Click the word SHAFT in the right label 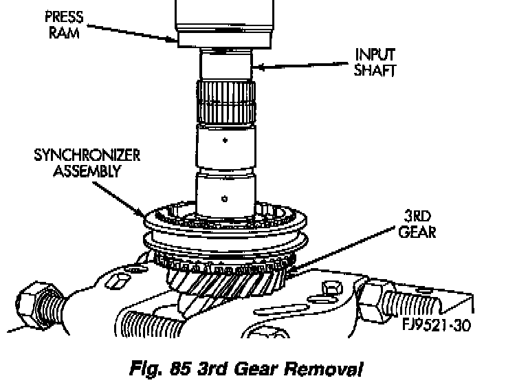tap(375, 69)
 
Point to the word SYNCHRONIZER tap(87, 155)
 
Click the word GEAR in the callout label tap(417, 232)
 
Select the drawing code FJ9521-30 tap(437, 324)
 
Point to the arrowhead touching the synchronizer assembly tap(148, 216)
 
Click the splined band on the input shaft tap(226, 103)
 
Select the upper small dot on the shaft tap(225, 141)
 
